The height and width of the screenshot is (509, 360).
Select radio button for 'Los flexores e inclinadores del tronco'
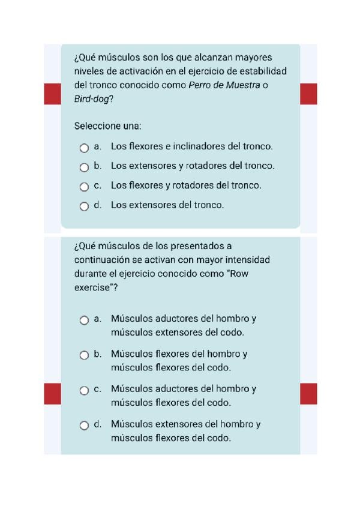(x=84, y=148)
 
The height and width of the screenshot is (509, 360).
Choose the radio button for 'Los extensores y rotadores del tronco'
(x=84, y=167)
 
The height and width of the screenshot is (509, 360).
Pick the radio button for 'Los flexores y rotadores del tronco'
(x=84, y=187)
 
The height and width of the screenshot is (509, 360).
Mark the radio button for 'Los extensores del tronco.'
(x=84, y=206)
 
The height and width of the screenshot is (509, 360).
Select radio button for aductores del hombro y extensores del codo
(x=84, y=321)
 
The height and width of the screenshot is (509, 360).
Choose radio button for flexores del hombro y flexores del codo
(x=84, y=355)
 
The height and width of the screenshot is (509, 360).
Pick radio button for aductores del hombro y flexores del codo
(x=84, y=390)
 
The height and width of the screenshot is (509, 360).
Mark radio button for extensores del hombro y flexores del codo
(x=84, y=426)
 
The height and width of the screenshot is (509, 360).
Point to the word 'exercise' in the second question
(x=92, y=288)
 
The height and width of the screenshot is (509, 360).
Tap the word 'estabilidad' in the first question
(x=262, y=71)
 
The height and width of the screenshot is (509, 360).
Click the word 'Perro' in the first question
(x=201, y=85)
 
